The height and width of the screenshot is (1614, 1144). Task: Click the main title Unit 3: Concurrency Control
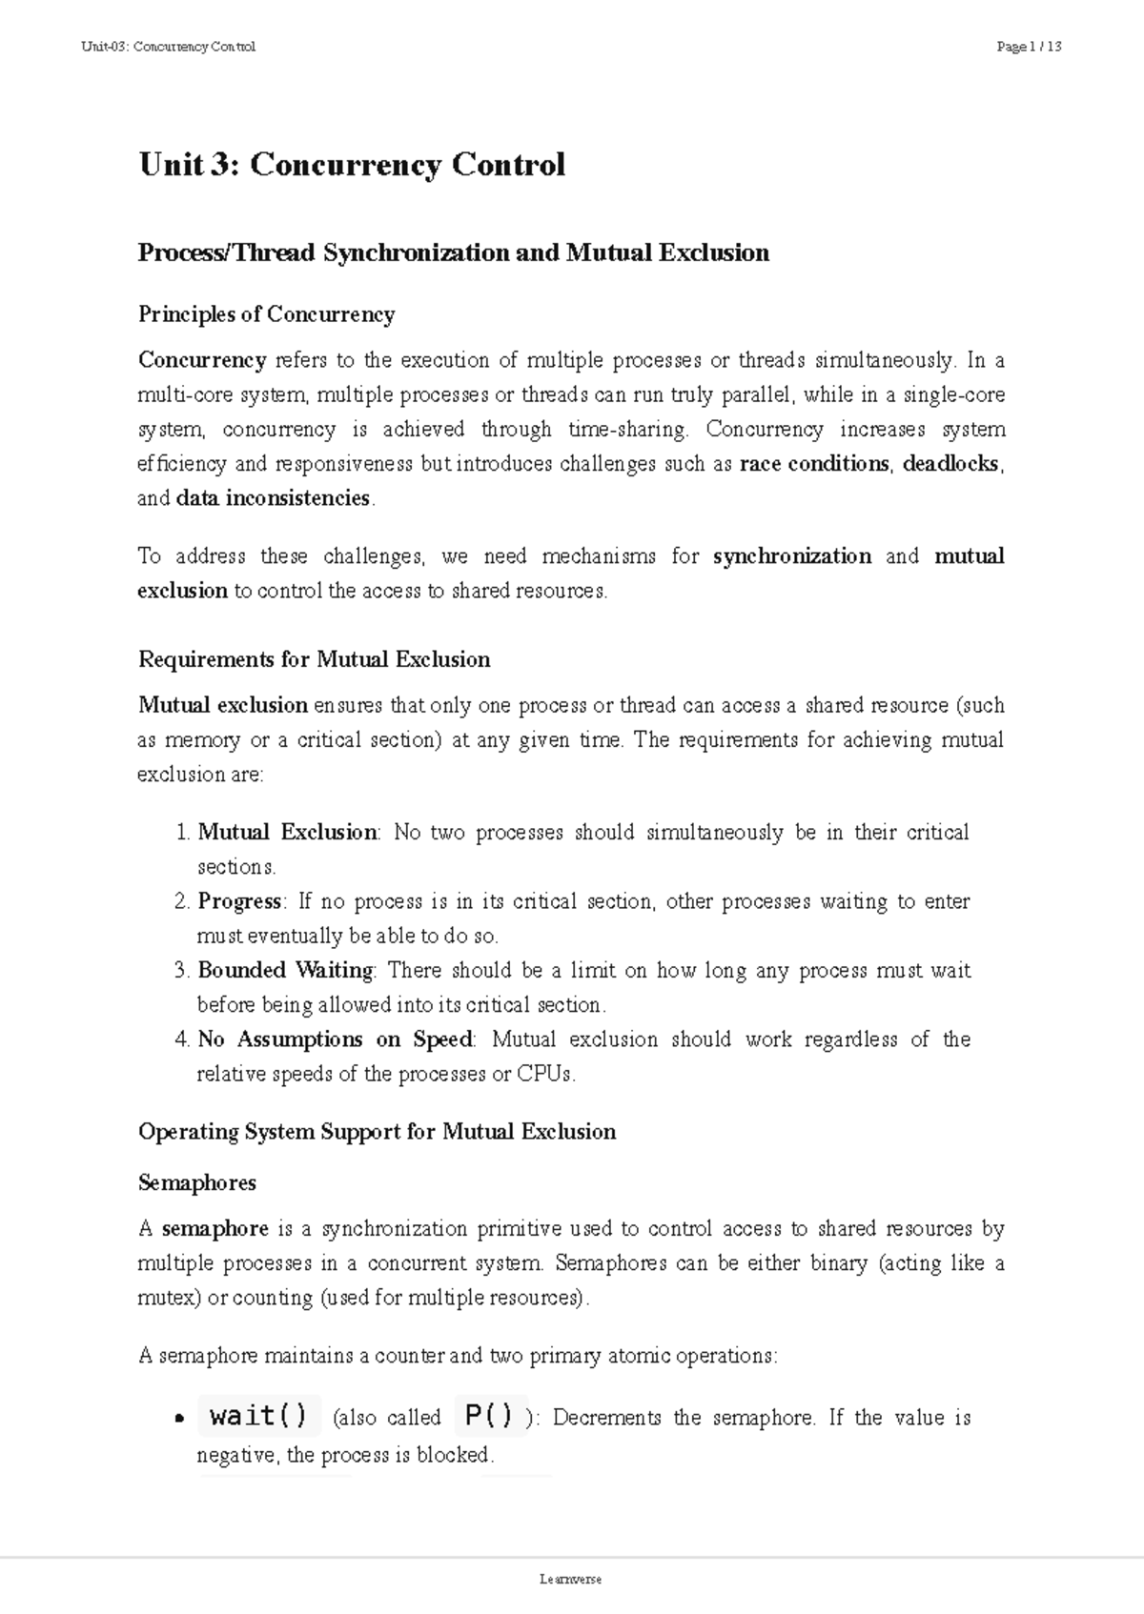352,165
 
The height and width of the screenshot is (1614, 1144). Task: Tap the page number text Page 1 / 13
1028,47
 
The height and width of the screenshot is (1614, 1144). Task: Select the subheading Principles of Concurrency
266,314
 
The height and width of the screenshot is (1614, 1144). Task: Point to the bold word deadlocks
951,464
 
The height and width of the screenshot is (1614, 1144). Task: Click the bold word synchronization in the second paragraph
791,556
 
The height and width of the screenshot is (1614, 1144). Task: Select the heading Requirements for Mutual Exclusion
314,659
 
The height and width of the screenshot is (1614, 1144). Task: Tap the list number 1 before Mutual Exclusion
183,833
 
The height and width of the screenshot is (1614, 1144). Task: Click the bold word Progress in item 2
239,901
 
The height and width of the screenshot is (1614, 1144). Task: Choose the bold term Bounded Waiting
286,971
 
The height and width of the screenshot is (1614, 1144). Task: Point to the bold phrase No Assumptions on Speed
335,1039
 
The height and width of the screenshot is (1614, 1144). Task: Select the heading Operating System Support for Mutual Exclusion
377,1132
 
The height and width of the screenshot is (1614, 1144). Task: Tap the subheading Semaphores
197,1183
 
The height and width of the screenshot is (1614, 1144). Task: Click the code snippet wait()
258,1417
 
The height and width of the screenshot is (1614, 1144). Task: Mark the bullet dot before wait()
177,1420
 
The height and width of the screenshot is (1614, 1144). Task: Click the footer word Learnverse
571,1579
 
